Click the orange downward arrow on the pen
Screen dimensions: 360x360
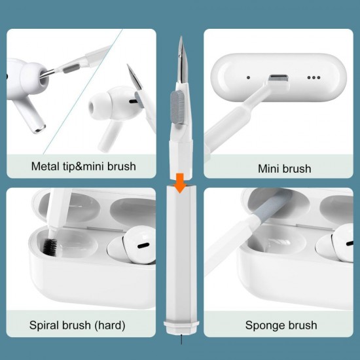point(180,185)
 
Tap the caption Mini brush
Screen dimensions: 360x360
point(284,169)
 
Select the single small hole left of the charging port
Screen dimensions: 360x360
point(248,77)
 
